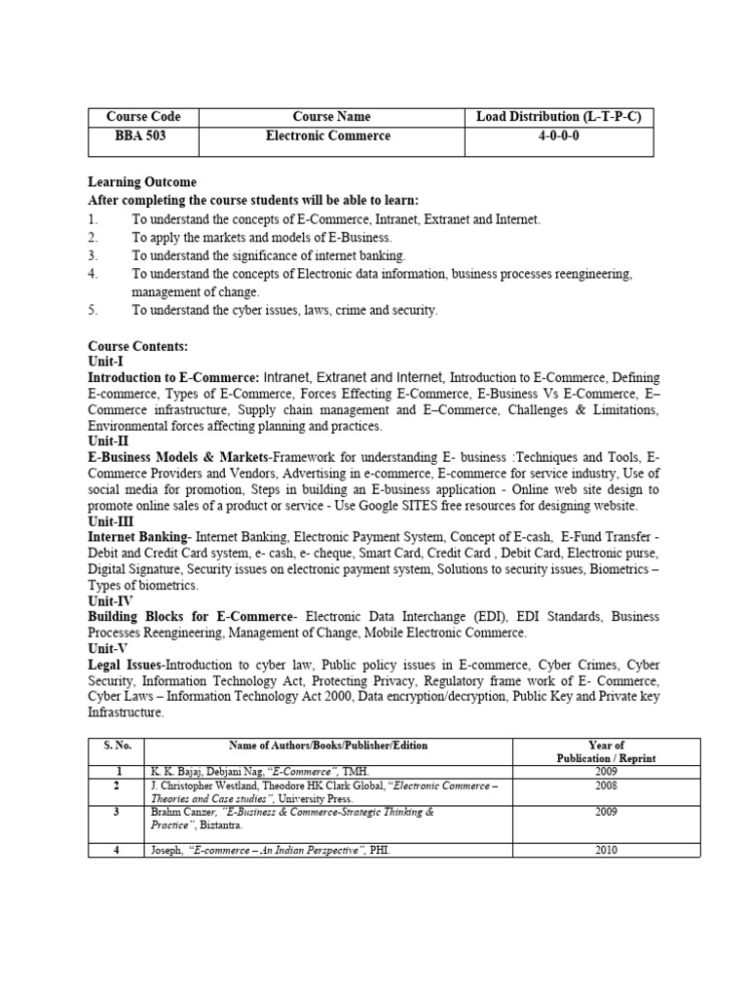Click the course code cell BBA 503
point(142,136)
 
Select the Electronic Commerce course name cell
point(328,136)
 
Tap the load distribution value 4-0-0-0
point(558,136)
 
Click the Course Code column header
point(142,117)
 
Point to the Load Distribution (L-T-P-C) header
point(558,117)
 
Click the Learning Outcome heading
point(142,182)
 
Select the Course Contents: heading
point(137,346)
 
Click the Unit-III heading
point(110,522)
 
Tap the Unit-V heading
point(107,648)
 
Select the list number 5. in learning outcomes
point(93,310)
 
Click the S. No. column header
point(116,746)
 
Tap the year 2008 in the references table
point(606,785)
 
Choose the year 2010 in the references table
point(606,850)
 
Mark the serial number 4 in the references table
point(116,850)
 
